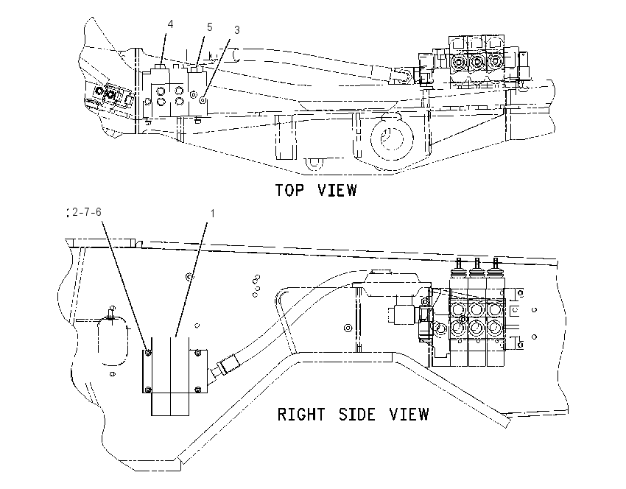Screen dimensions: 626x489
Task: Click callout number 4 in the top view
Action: [170, 24]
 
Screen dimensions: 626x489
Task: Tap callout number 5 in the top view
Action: [210, 27]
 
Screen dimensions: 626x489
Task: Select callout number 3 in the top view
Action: [236, 30]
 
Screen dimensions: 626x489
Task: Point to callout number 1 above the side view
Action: [212, 214]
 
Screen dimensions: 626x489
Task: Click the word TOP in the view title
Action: [289, 190]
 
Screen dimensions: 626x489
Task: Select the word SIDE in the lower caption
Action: [357, 415]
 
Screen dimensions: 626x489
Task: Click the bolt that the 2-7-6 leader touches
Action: [149, 353]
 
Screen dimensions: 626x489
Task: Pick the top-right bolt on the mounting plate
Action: [197, 353]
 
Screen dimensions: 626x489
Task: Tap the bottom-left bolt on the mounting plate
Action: [149, 389]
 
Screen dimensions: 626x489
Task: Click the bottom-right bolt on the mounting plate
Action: [197, 389]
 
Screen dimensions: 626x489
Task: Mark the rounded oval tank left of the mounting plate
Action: [113, 340]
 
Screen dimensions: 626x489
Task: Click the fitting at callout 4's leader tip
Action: [161, 68]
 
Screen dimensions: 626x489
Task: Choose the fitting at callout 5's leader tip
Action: [196, 70]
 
